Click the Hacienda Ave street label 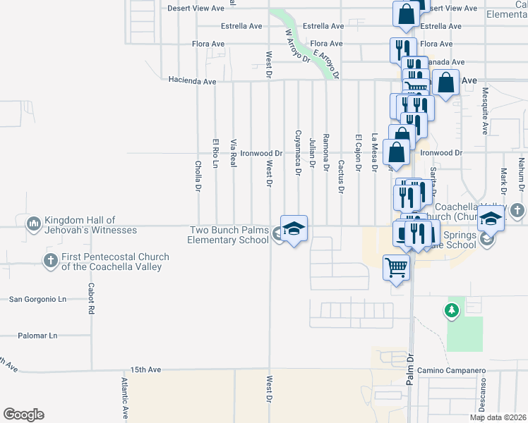coord(192,82)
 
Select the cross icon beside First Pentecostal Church coord(50,262)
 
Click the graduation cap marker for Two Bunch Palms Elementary coord(294,228)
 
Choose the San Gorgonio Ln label coord(37,299)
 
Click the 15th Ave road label coord(145,369)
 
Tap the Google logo coord(23,415)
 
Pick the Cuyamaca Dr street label coord(298,152)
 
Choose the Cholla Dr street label coord(198,175)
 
